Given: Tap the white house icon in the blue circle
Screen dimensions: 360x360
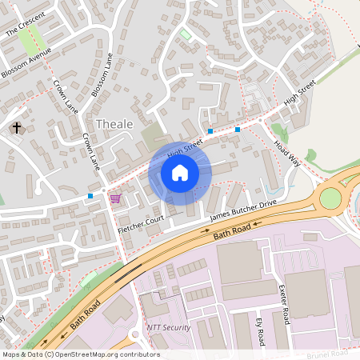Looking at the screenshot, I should coord(179,172).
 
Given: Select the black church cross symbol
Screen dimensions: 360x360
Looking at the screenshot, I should coord(17,128).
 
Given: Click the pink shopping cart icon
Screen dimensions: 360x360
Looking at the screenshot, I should coord(115,198).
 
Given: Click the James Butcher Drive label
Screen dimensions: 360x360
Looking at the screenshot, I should coord(242,210).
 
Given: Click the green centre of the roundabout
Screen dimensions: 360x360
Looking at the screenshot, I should coord(330,197).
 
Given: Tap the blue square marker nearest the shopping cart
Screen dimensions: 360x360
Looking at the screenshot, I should coord(90,196).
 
